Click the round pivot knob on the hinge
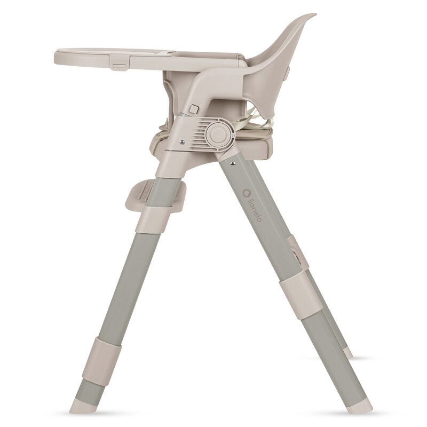[217, 133]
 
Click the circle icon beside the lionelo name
[247, 193]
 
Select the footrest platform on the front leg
[155, 195]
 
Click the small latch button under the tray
[120, 66]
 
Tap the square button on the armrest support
[194, 109]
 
